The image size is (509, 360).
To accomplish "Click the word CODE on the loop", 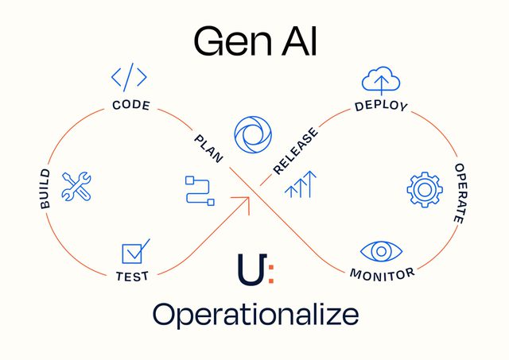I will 131,105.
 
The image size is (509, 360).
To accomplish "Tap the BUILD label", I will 45,189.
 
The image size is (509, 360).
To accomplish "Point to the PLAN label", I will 208,148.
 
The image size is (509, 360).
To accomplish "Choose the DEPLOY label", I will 381,106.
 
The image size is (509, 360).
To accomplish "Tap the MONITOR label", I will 382,274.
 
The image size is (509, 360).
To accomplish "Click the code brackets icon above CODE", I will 129,77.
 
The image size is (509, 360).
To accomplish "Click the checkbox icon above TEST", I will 134,251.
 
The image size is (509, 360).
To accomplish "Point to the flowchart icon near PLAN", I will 199,191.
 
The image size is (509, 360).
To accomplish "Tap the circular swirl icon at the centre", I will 253,135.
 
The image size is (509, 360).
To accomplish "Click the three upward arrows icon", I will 301,184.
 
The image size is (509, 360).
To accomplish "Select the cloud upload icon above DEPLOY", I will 380,79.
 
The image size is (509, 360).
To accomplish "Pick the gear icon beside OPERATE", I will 423,188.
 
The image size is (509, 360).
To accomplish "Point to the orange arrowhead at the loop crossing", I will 245,201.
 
